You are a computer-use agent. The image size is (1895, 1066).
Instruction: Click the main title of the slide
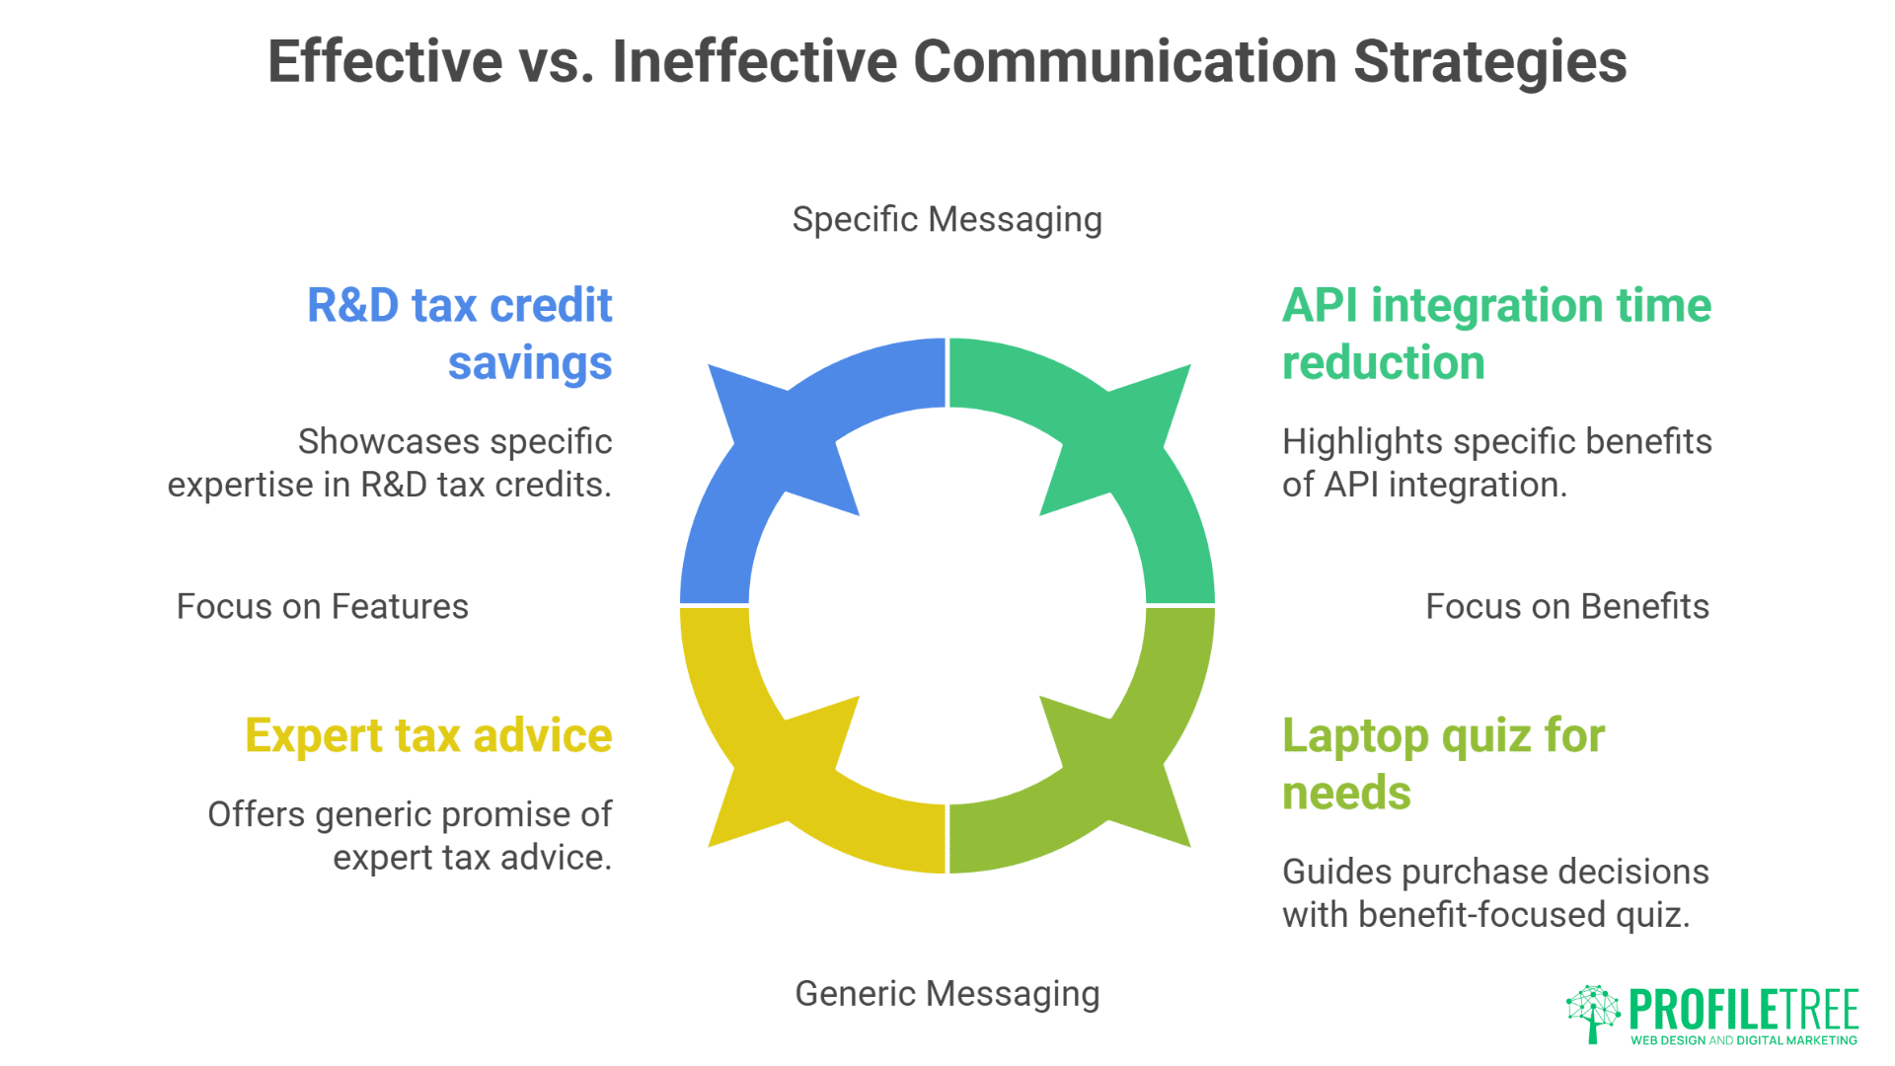(947, 62)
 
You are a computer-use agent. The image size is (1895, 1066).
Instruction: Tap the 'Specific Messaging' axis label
(947, 220)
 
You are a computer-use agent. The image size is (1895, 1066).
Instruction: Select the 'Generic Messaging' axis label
(947, 994)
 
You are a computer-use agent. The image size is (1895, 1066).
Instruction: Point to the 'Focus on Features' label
(323, 606)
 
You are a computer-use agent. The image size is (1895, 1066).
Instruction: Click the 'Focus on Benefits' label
(1567, 606)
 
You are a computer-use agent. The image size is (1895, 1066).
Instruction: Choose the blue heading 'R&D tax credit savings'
(460, 334)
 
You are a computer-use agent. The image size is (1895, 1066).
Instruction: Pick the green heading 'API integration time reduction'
(1496, 334)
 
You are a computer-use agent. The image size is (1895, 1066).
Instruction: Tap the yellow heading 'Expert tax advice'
(429, 735)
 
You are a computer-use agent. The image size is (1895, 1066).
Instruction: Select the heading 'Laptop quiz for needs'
(1444, 764)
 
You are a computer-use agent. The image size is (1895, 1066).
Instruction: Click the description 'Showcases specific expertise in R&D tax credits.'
(390, 463)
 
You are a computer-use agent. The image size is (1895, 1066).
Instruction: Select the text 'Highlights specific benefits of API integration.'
(1497, 463)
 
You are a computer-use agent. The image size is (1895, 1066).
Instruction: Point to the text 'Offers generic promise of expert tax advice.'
(410, 836)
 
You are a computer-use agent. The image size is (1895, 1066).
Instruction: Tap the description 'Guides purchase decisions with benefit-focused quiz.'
(1495, 893)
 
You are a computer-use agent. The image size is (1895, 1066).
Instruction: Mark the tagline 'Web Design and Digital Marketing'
(1744, 1040)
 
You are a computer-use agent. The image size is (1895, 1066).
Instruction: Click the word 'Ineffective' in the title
(755, 62)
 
